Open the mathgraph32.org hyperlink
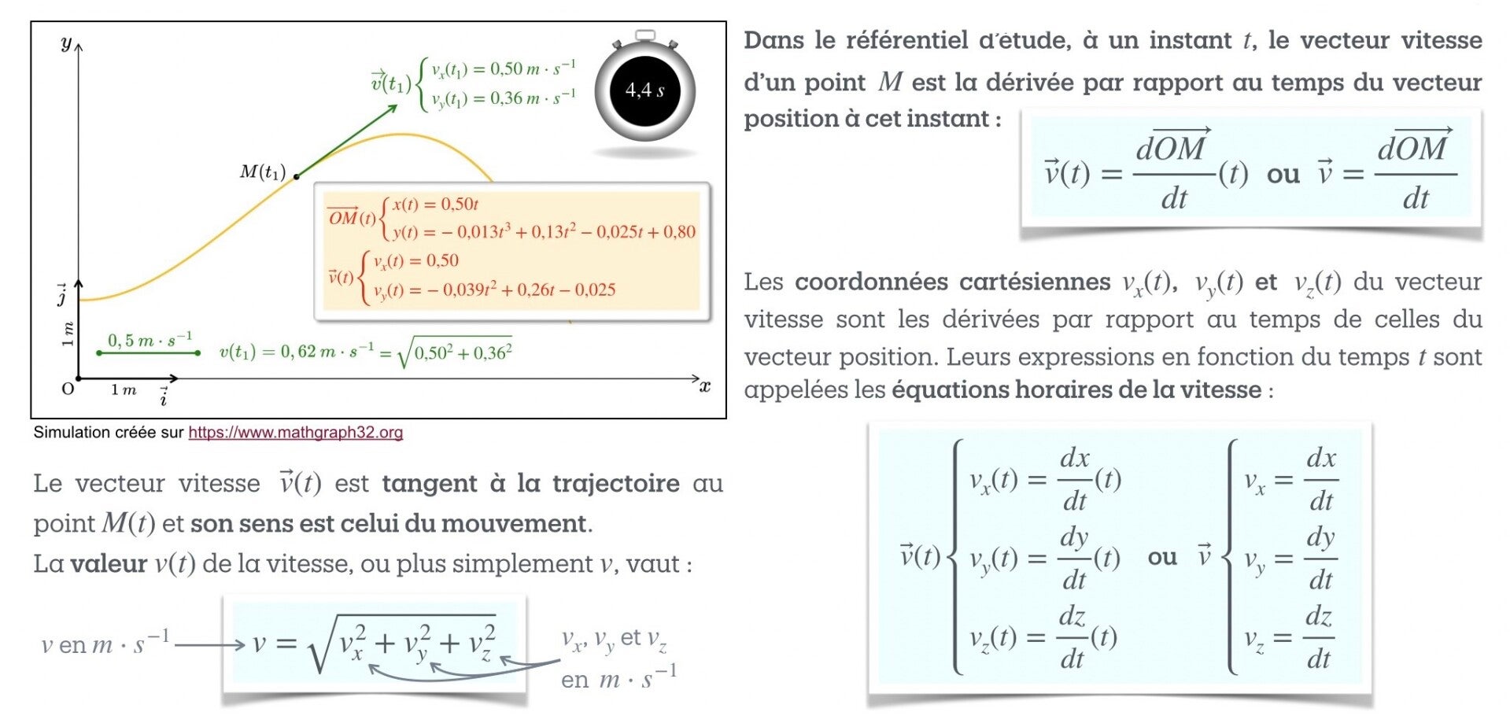(295, 432)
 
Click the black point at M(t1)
(297, 176)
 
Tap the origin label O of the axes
(68, 389)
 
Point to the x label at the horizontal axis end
(705, 385)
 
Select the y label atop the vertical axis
(66, 43)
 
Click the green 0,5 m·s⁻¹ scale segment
(148, 353)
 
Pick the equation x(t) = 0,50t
(436, 205)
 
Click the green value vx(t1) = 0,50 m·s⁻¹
(504, 69)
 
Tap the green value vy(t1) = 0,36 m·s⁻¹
(504, 98)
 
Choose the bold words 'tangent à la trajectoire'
(530, 483)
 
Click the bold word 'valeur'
(109, 563)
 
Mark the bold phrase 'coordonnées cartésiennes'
(952, 282)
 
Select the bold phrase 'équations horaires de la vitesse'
(1076, 389)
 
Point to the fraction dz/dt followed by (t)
(1073, 637)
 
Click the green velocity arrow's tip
(397, 105)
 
